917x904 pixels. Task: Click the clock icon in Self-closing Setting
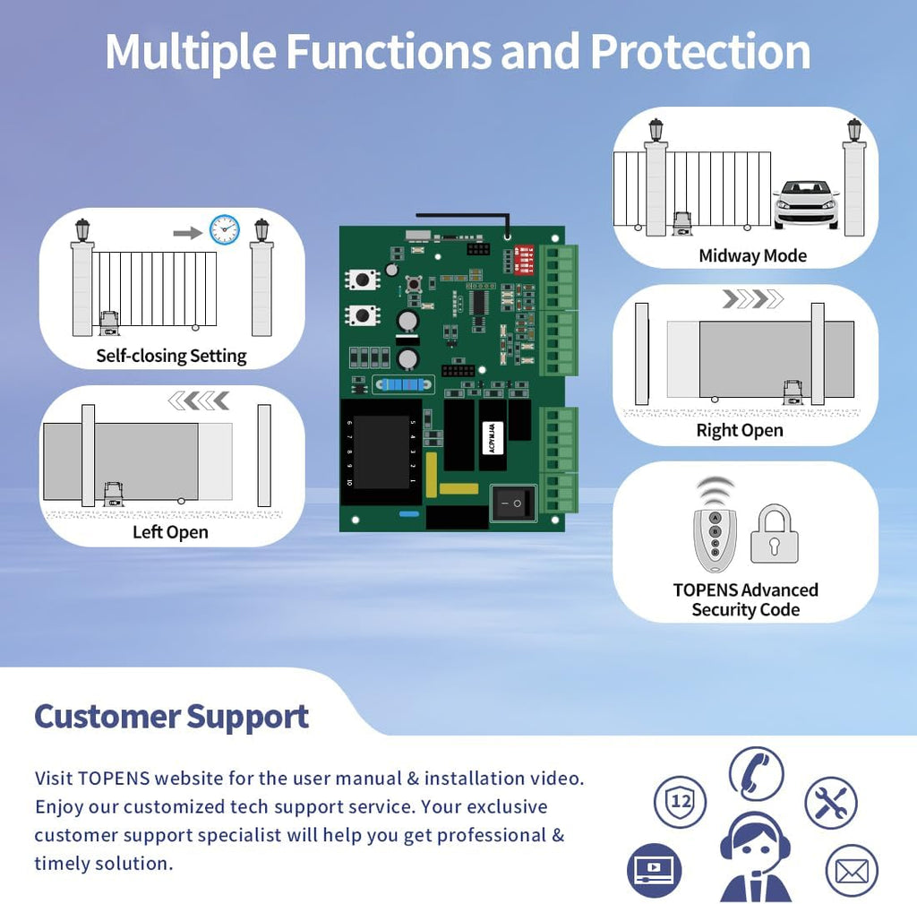[x=224, y=229]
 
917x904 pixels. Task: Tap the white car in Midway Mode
[x=806, y=203]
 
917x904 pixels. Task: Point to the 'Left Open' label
[x=170, y=532]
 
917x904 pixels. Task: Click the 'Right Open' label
[x=740, y=430]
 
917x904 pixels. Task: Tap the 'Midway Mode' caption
[x=752, y=256]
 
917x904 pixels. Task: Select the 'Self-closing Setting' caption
[x=171, y=356]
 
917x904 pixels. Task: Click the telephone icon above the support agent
[x=755, y=773]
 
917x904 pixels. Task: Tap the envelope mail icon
[x=851, y=871]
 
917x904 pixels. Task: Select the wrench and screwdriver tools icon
[x=830, y=803]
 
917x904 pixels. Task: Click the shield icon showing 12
[x=681, y=802]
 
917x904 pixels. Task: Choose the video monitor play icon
[x=654, y=869]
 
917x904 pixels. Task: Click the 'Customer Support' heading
[x=171, y=717]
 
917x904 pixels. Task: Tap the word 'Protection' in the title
[x=700, y=52]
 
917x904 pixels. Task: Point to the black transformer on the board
[x=380, y=452]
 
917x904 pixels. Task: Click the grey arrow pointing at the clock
[x=187, y=232]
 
